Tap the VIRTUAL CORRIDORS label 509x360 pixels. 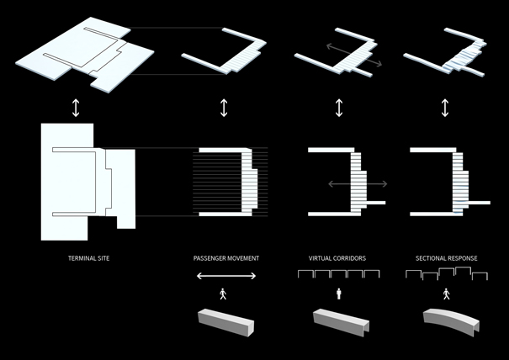(x=338, y=257)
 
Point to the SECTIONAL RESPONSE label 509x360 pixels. (x=446, y=257)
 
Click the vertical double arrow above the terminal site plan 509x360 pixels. (x=76, y=109)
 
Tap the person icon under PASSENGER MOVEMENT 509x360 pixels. (x=222, y=294)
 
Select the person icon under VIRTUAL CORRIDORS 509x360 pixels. (x=339, y=294)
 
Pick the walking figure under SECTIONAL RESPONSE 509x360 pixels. (x=446, y=294)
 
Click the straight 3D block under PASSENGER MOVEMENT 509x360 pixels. (x=222, y=322)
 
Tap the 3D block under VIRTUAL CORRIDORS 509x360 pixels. (x=339, y=322)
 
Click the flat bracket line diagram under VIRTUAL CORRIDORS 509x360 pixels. (x=339, y=274)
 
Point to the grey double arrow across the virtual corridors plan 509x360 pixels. (x=353, y=183)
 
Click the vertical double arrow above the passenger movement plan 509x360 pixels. (x=224, y=109)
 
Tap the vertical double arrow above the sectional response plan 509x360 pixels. (x=446, y=109)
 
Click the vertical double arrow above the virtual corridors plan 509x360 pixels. (x=339, y=109)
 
